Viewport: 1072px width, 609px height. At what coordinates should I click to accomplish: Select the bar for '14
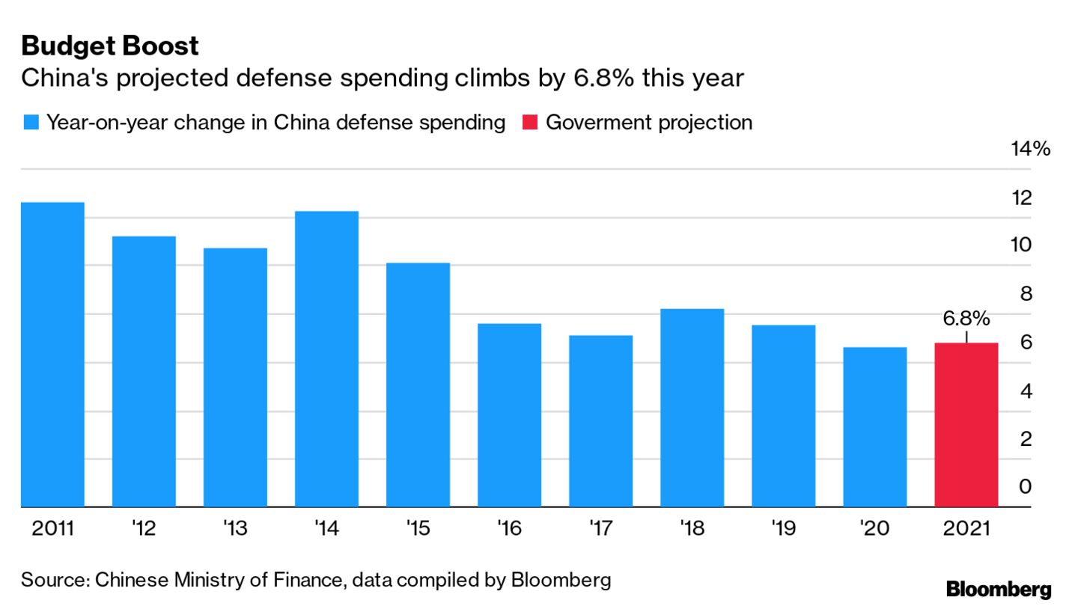326,358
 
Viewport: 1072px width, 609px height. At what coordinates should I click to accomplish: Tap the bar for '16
509,414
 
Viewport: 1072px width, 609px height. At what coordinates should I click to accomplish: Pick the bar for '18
692,407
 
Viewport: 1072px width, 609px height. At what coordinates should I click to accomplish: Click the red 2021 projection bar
966,424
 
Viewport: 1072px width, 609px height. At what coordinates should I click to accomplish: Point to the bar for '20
874,426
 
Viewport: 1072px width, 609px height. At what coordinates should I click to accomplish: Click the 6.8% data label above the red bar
966,319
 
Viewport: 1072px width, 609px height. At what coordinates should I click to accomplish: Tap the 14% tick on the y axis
1030,149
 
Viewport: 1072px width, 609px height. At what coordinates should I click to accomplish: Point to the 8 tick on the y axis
1026,294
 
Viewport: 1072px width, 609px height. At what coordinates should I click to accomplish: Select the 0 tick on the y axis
1026,486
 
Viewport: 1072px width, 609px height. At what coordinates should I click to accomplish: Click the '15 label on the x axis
418,529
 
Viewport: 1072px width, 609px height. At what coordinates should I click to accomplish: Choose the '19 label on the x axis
783,529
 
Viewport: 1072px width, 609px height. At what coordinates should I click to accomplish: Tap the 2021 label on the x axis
966,529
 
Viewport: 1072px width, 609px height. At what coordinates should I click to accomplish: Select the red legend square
529,123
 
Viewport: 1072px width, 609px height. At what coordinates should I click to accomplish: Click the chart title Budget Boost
110,46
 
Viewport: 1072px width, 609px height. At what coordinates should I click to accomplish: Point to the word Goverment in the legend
597,123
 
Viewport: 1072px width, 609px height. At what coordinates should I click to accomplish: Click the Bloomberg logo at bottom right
999,589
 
